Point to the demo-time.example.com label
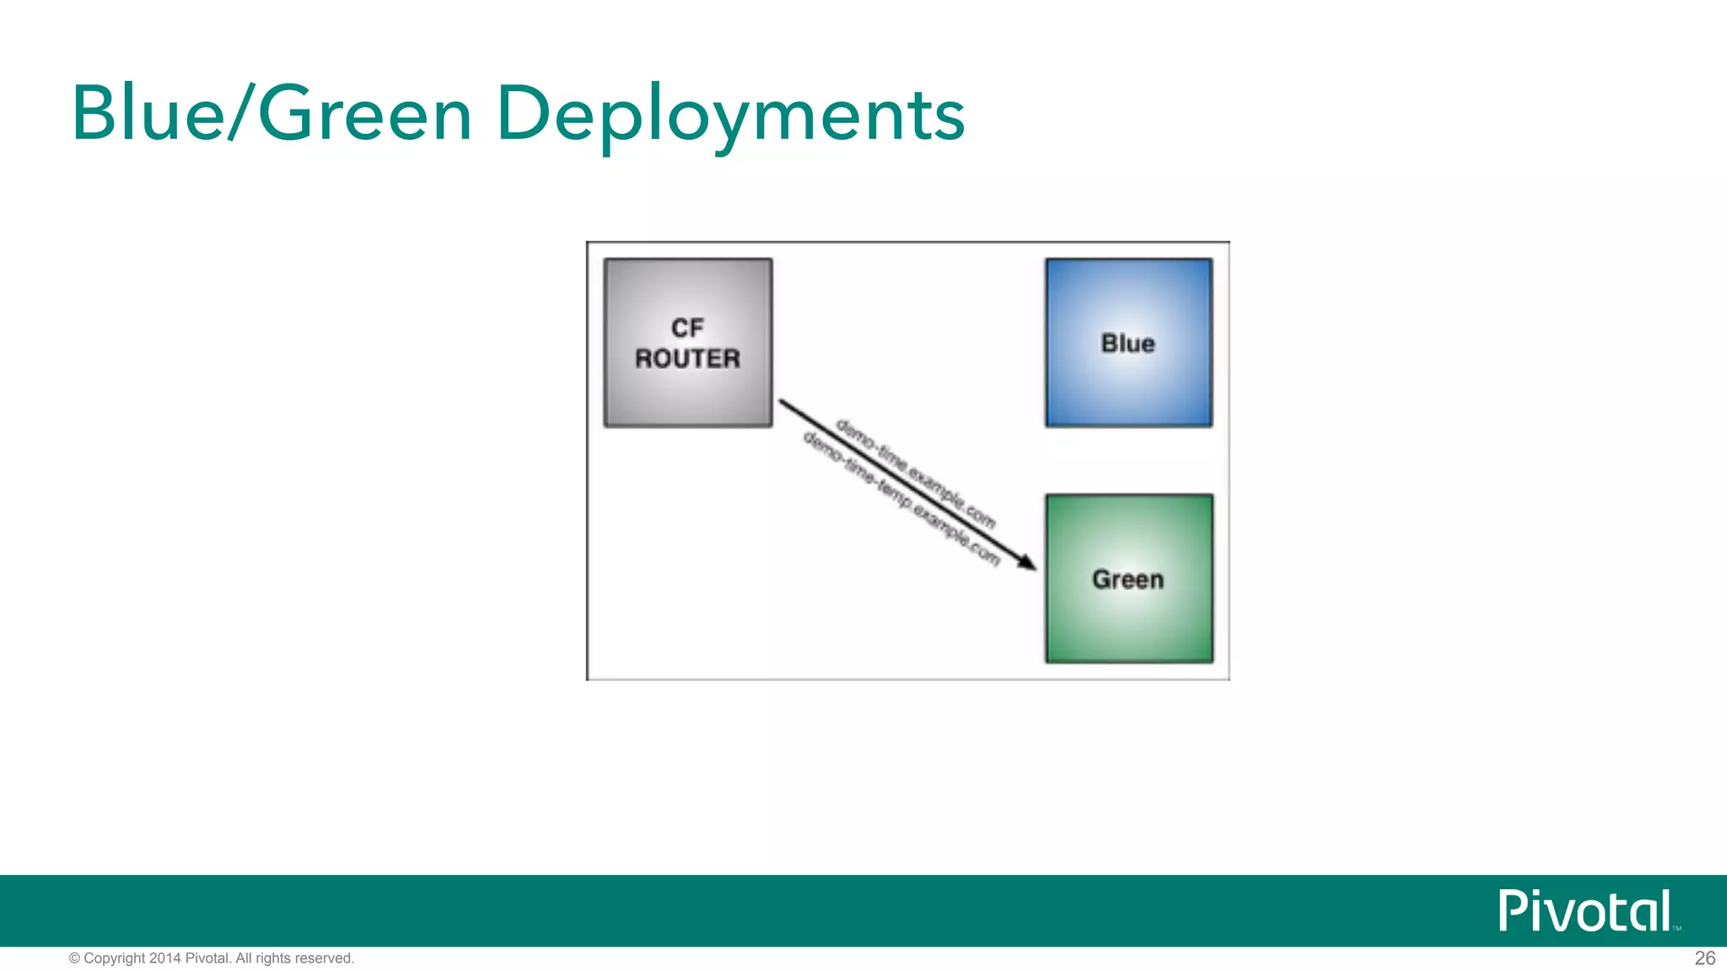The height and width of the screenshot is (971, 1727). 916,473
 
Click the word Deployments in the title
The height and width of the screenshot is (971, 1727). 730,115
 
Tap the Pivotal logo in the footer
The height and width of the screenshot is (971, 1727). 1585,910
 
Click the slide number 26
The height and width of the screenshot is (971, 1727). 1704,958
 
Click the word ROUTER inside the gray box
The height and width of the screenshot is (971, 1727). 687,359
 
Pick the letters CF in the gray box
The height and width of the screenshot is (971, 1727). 687,327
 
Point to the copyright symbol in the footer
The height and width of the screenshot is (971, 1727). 74,958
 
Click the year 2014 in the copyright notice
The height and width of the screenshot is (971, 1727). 164,958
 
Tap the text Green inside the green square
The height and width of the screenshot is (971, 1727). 1127,580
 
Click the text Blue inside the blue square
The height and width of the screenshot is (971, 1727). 1127,344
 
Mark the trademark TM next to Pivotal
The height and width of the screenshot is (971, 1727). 1676,928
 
